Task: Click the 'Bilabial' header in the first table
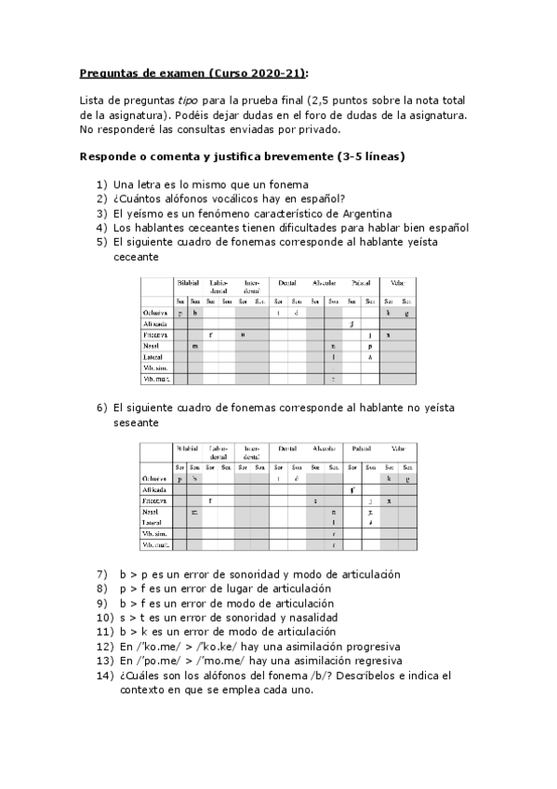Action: (188, 282)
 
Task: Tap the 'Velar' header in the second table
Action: (397, 448)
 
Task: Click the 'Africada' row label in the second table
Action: (153, 489)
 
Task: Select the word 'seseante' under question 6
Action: (136, 422)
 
